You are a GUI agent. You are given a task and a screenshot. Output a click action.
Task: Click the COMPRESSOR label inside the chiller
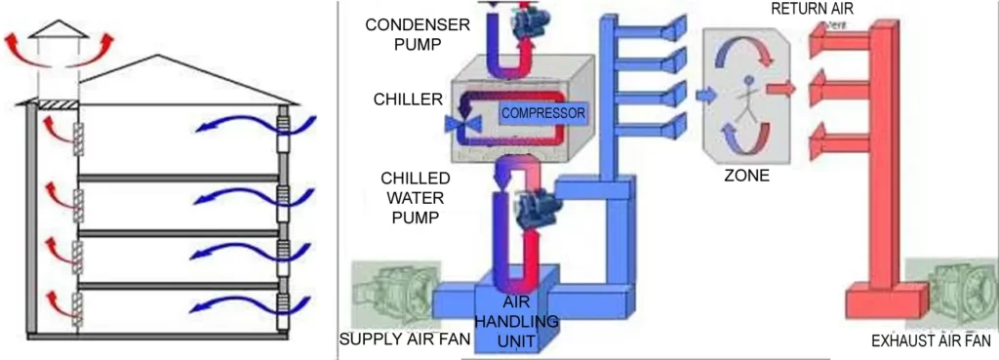543,113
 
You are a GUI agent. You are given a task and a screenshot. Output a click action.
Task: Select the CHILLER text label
408,99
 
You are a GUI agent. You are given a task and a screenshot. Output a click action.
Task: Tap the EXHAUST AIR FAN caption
933,342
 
